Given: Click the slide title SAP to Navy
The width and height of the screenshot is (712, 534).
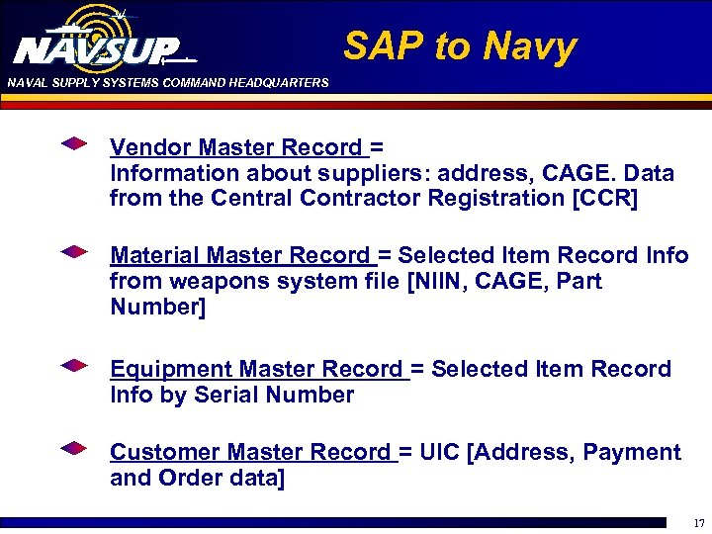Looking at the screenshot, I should coord(460,46).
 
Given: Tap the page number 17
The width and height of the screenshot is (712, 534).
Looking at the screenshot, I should coord(698,523).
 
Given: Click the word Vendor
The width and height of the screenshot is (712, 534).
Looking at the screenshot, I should coord(150,148).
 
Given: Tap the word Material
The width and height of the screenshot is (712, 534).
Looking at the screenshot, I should coord(156,255).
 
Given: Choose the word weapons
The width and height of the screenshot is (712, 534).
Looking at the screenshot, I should coord(209,282).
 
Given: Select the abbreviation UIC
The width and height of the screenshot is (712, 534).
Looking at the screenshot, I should coord(442,453).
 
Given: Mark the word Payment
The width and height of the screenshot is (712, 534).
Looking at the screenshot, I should coord(632,453).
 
